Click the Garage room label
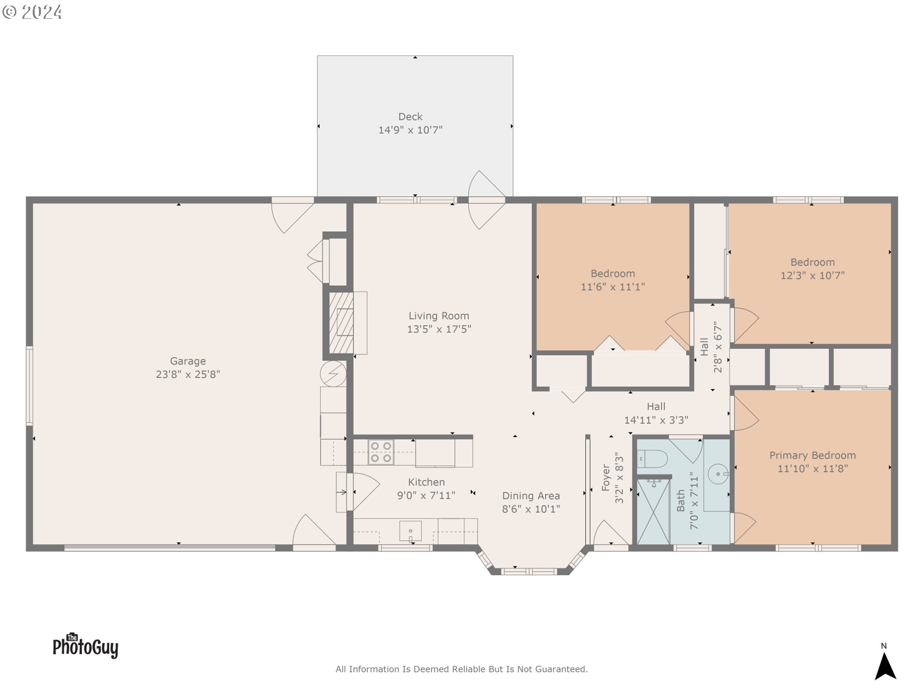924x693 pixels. click(188, 361)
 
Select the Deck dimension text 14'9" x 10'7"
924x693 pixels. click(410, 130)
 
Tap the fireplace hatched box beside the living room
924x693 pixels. click(341, 322)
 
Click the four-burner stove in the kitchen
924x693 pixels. click(381, 452)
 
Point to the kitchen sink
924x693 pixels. click(410, 531)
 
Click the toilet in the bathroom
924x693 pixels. click(653, 459)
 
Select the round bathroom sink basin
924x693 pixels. click(718, 474)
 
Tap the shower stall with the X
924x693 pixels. click(653, 512)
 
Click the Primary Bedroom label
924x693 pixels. click(812, 455)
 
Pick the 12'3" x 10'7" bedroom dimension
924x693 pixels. click(812, 276)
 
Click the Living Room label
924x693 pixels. click(438, 316)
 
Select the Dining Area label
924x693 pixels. click(531, 496)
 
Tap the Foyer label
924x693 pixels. click(606, 477)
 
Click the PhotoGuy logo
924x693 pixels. click(85, 646)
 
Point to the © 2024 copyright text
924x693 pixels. click(32, 12)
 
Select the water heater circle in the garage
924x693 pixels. click(333, 373)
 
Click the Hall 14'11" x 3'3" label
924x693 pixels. click(656, 413)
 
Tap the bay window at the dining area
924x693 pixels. click(529, 571)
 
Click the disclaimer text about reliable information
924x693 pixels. click(462, 669)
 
